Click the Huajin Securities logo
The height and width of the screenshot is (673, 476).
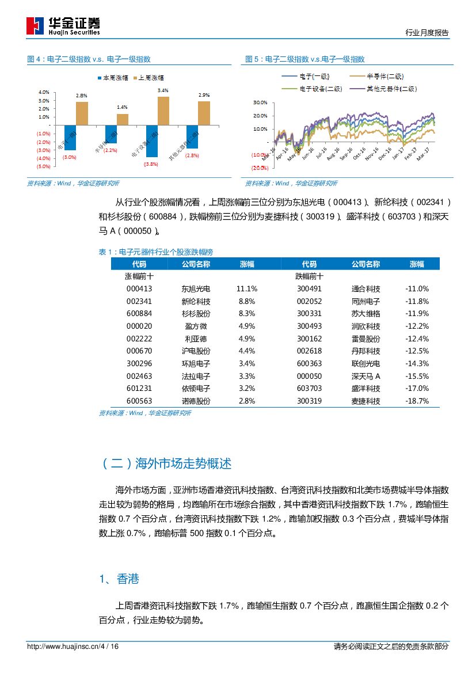coord(63,26)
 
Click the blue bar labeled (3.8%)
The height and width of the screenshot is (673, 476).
coord(152,141)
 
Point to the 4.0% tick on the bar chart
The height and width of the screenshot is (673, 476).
coord(43,92)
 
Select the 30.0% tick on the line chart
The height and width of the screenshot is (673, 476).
coord(260,102)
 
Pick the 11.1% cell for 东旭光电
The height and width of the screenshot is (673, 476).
coord(246,288)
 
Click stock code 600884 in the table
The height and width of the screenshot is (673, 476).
coord(139,314)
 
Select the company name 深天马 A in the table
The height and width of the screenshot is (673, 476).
coord(365,376)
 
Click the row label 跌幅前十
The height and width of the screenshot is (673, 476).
coord(309,276)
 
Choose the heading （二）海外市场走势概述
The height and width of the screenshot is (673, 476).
coord(166,463)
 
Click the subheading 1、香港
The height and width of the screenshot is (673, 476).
coord(119,579)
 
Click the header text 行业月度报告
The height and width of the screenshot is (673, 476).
coord(427,33)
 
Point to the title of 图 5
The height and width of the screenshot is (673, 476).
coord(305,59)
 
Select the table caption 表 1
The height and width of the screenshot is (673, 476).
coord(156,252)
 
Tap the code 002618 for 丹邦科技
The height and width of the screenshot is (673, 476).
coord(309,351)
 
